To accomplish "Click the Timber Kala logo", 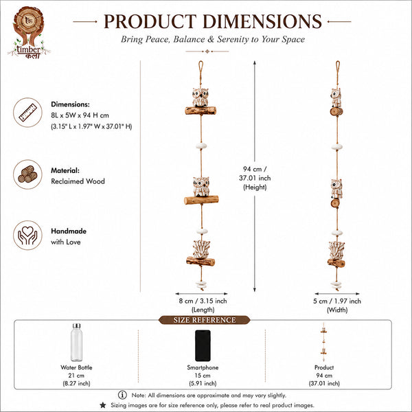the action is tap(29, 32).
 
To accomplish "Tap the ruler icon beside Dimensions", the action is tap(27, 113).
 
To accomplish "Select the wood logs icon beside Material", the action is tap(27, 174).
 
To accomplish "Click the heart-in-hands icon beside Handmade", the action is tap(27, 235).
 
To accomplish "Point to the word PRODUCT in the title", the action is tap(150, 21).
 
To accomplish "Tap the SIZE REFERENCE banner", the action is tap(204, 320).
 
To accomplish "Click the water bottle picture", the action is tap(76, 343).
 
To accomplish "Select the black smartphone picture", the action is tap(203, 345).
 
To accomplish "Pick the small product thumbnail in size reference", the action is tap(323, 342).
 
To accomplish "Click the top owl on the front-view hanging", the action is tap(201, 98).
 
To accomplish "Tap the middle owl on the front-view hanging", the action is tap(201, 187).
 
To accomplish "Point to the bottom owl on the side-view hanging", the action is tap(336, 251).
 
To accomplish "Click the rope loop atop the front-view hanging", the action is tap(201, 68).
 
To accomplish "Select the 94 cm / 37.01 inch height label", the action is tap(255, 178).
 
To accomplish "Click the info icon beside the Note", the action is tap(122, 395).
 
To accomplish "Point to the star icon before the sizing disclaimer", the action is tap(103, 405).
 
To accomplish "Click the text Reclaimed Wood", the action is tap(78, 181).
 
